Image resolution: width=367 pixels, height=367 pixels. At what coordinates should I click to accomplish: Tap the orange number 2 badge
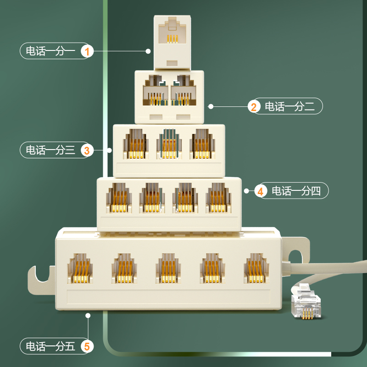pyautogui.click(x=254, y=107)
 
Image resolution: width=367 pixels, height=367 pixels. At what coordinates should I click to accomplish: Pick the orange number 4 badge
pyautogui.click(x=260, y=191)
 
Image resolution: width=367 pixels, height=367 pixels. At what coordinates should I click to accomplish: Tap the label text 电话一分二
pyautogui.click(x=289, y=107)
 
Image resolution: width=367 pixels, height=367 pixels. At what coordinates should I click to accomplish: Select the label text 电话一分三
pyautogui.click(x=50, y=150)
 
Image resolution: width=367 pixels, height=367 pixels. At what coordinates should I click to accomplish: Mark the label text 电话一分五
pyautogui.click(x=50, y=346)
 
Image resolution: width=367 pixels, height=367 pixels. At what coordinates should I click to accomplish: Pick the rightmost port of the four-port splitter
pyautogui.click(x=218, y=198)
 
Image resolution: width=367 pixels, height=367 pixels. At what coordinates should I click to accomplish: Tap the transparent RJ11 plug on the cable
pyautogui.click(x=305, y=303)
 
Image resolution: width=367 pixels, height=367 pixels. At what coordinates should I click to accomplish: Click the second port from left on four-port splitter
pyautogui.click(x=152, y=198)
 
